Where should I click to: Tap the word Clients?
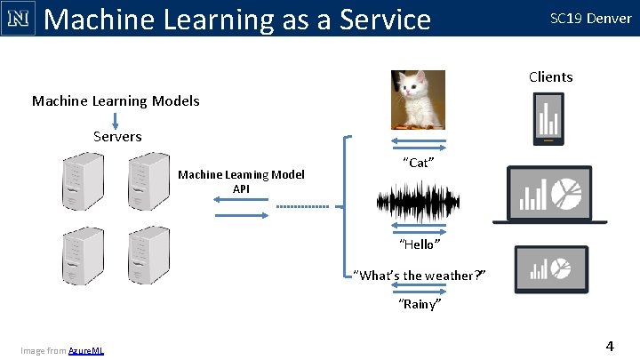tap(550, 76)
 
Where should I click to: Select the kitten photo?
tap(418, 100)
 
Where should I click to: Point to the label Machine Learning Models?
tap(116, 100)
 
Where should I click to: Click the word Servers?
tap(117, 136)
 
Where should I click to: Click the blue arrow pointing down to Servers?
tap(117, 118)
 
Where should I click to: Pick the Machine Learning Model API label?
tap(241, 181)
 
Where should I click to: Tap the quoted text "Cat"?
tap(418, 163)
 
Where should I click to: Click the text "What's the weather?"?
tap(420, 275)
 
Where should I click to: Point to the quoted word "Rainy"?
tap(420, 304)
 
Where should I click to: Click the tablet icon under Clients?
tap(548, 119)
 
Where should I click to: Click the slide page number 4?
tap(609, 345)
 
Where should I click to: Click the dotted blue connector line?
tap(303, 207)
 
